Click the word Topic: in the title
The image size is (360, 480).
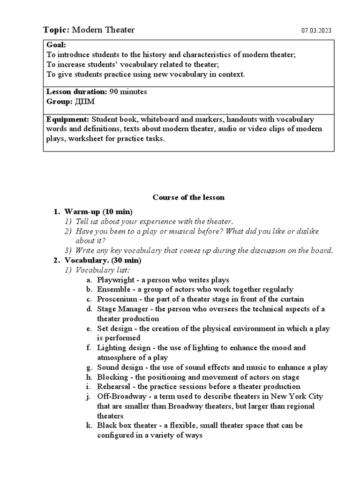(x=56, y=30)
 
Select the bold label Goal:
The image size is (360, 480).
(x=56, y=45)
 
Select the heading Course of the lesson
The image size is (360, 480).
(x=188, y=197)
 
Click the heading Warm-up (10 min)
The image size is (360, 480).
(x=98, y=211)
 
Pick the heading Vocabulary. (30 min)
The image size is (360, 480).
(x=103, y=260)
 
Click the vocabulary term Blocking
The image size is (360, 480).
(x=112, y=377)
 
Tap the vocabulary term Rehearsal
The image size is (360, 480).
(x=114, y=387)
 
